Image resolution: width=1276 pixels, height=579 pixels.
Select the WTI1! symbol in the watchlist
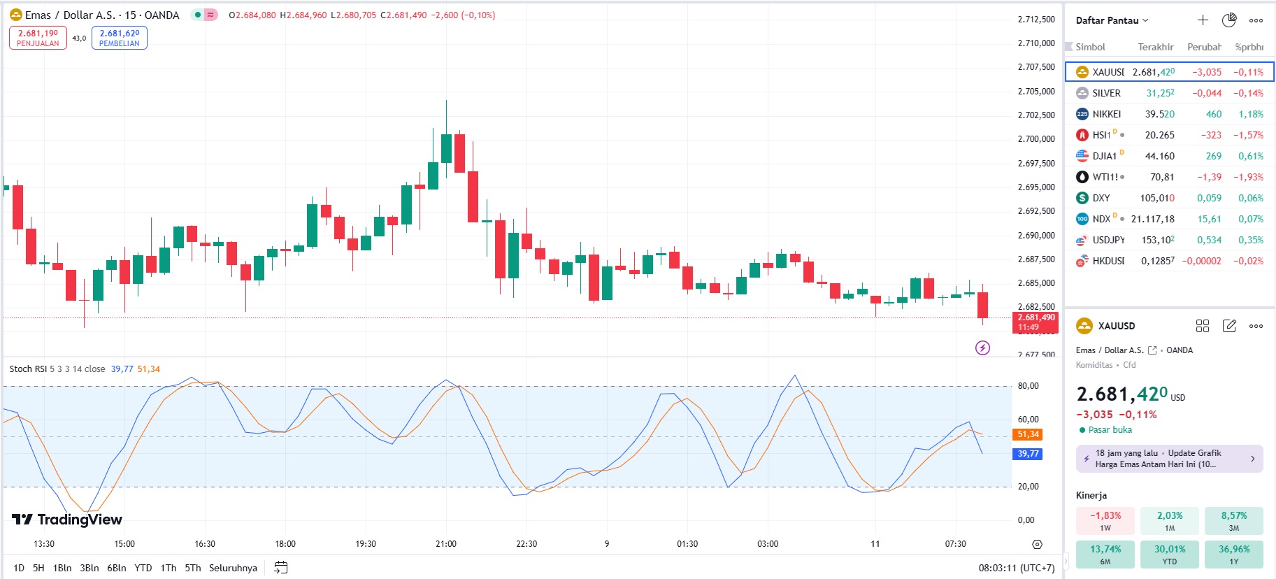[1105, 177]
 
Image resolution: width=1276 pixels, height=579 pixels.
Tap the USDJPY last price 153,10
[1158, 240]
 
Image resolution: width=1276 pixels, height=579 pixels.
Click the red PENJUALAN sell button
[38, 38]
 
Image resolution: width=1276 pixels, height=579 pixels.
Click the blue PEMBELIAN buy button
[120, 38]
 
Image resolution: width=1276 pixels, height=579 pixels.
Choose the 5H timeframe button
[38, 568]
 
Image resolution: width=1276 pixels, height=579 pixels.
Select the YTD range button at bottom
[143, 568]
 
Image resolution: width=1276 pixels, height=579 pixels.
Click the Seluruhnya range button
[233, 568]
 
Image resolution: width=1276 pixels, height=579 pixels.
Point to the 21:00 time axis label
[446, 543]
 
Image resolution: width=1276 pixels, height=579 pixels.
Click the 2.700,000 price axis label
[1036, 139]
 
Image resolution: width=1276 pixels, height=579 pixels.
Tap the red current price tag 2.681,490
[1035, 322]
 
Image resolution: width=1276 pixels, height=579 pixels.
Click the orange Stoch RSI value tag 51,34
[1028, 434]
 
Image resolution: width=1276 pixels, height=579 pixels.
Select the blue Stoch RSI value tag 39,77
[1028, 454]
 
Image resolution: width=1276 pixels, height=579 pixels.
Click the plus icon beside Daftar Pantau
[1203, 20]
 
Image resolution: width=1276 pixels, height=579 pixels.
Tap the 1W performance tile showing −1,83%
[1105, 520]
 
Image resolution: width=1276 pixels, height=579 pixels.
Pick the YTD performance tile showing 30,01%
[1170, 554]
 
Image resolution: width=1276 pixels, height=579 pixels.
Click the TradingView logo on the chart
[67, 519]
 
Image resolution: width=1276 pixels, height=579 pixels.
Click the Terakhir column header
[1155, 47]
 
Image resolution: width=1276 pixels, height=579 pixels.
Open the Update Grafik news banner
[1169, 459]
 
